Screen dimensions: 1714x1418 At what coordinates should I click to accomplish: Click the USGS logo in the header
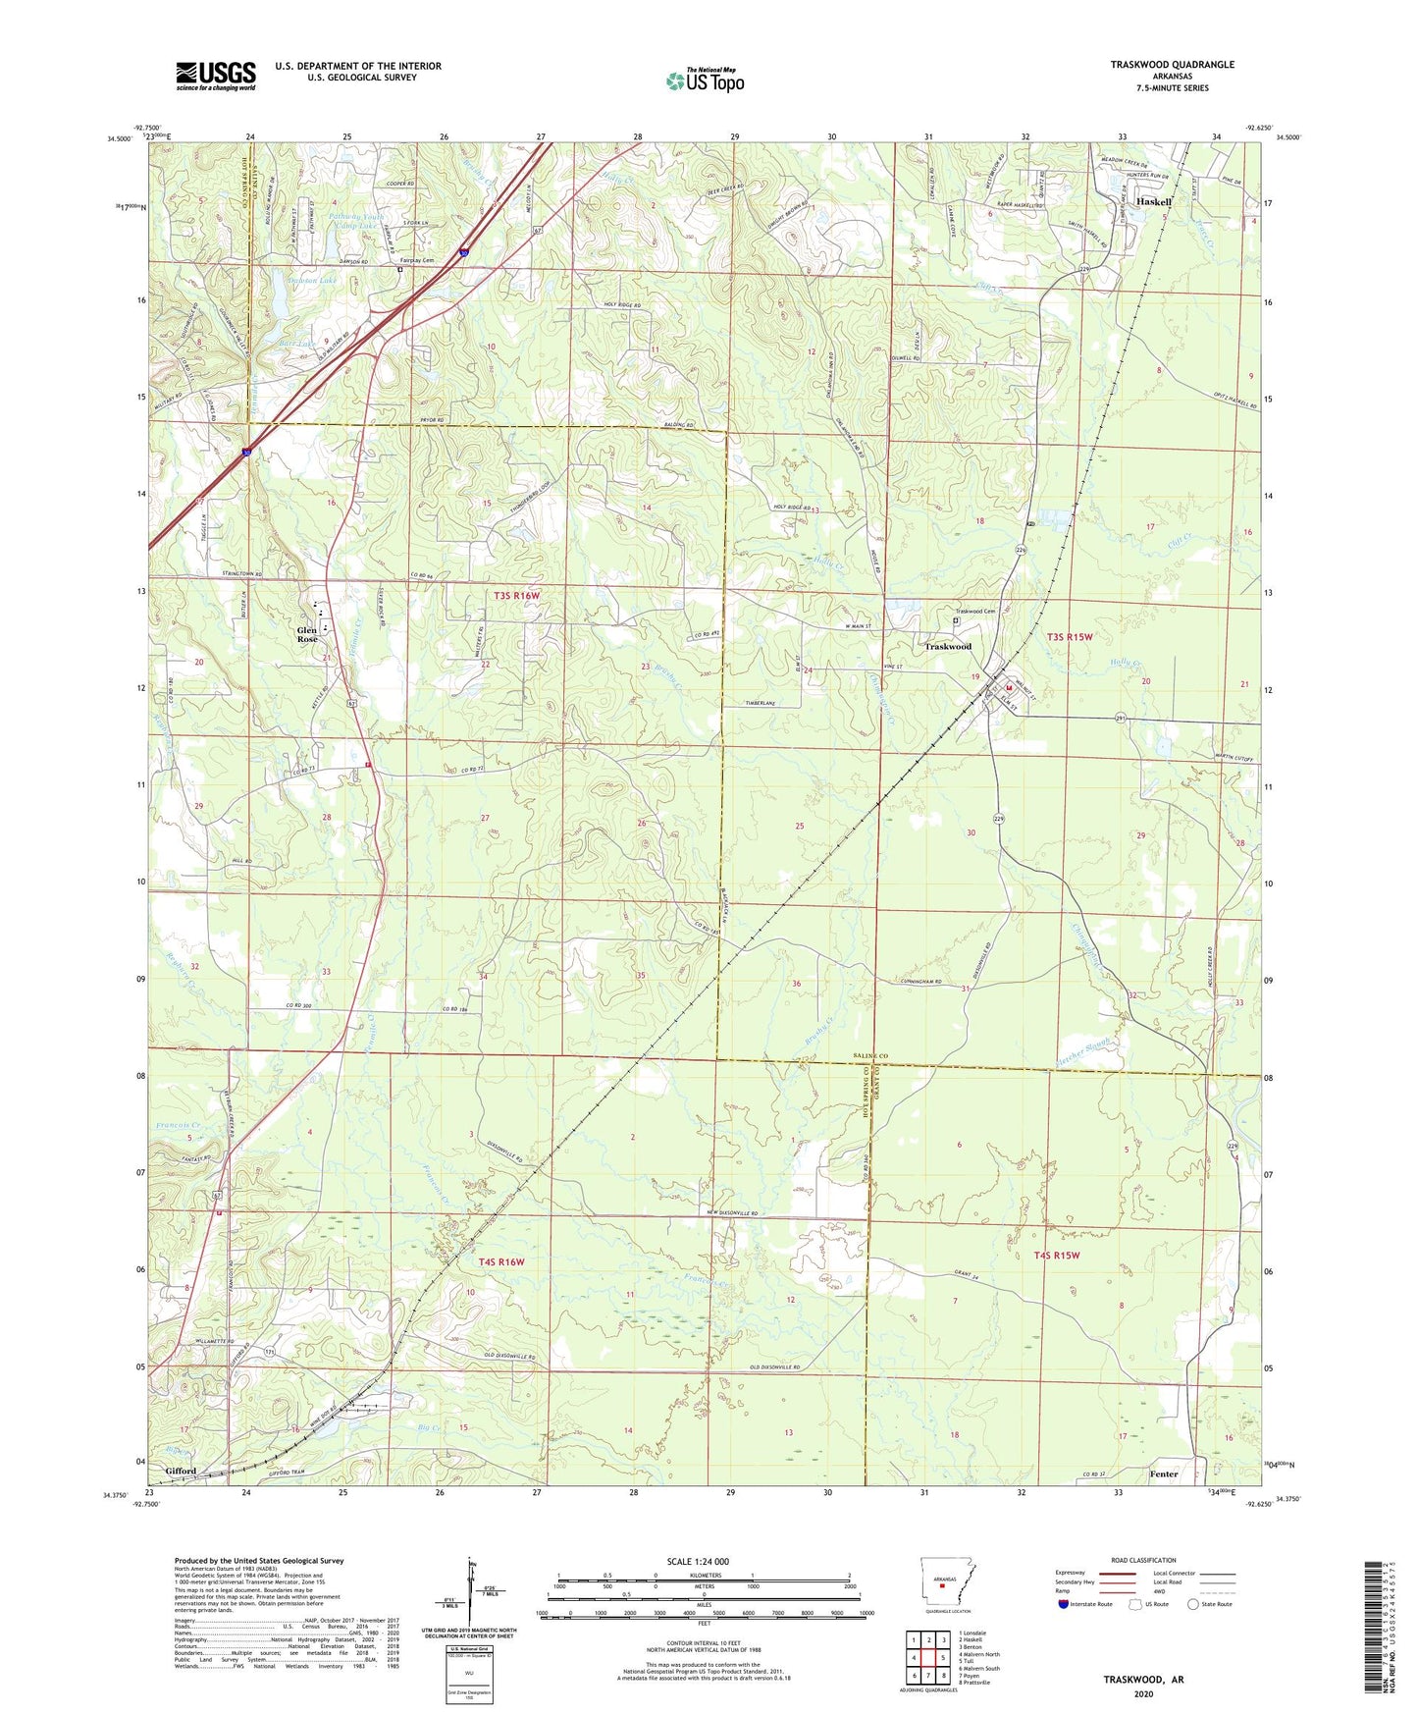(x=216, y=76)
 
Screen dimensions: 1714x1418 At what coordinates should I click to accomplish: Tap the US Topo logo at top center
(x=705, y=81)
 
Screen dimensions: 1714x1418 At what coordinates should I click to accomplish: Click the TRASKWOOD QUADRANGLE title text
(x=1172, y=65)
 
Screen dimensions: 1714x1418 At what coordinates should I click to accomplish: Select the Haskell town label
(x=1154, y=201)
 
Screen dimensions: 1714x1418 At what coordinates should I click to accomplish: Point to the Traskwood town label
(x=948, y=647)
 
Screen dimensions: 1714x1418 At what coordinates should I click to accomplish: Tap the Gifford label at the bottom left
(x=181, y=1471)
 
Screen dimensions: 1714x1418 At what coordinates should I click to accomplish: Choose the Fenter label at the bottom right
(x=1164, y=1473)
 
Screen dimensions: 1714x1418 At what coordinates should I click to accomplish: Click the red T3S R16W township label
(x=516, y=596)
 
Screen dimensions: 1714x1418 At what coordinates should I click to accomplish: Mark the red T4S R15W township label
(x=1056, y=1256)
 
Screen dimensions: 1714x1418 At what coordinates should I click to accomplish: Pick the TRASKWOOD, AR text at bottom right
(x=1143, y=1679)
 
